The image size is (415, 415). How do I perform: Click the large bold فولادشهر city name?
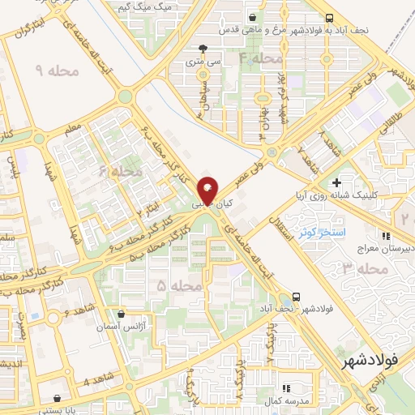tap(370, 359)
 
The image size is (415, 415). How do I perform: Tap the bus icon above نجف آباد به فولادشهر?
tap(328, 18)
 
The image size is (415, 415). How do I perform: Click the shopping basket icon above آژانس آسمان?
tap(121, 313)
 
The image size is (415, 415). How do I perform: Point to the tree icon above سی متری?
tap(213, 48)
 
